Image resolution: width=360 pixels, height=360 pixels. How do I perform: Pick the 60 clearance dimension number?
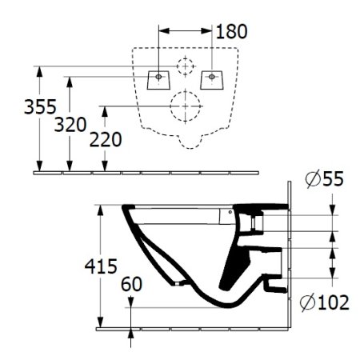coord(134,282)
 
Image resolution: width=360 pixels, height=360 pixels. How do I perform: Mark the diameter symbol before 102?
coord(310,302)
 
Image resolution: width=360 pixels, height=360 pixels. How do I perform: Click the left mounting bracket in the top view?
coord(159,78)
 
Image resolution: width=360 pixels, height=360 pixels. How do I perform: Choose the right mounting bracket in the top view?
coord(212,78)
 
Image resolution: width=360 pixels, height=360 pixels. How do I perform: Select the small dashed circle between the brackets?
coord(186,66)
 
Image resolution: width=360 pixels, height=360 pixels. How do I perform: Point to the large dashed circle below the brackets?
coord(186,103)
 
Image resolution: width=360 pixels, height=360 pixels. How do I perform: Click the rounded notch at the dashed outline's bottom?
coord(186,144)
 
